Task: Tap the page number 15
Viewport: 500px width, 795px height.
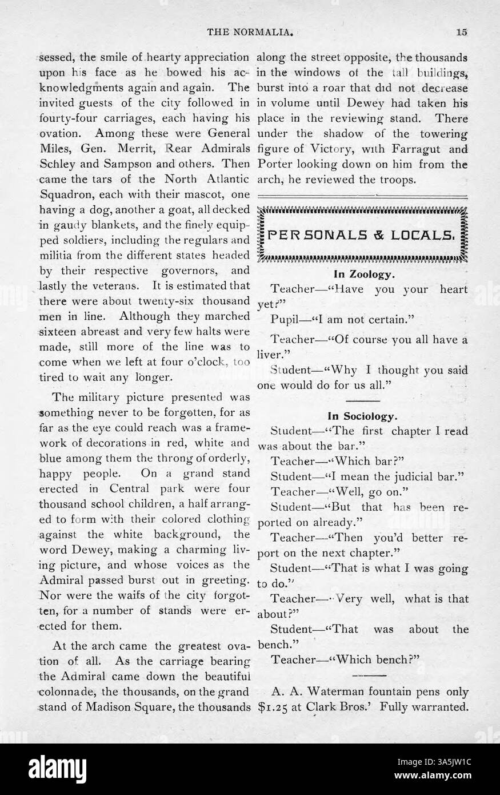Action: (x=462, y=33)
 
